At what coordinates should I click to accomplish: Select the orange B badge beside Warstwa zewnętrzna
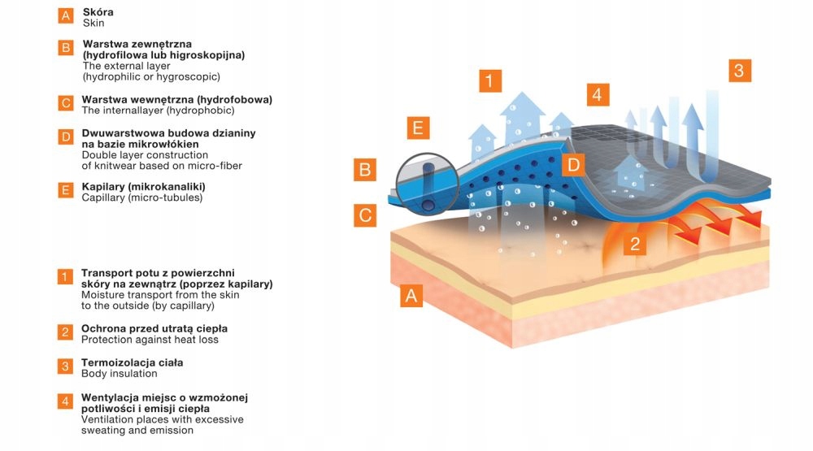coord(66,47)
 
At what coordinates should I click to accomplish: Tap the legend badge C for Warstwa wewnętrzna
coord(66,103)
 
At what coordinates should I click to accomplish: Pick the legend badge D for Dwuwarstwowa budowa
coord(66,137)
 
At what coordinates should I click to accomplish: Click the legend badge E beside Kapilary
coord(66,191)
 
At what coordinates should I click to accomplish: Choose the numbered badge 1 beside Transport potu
coord(65,277)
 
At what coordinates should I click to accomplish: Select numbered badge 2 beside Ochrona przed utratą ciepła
coord(65,332)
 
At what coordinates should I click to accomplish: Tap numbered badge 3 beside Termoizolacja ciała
coord(65,366)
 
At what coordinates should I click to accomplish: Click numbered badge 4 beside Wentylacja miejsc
coord(65,400)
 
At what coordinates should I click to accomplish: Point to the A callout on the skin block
coord(412,296)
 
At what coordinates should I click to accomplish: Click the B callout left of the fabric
coord(365,171)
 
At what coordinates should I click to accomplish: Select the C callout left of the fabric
coord(365,215)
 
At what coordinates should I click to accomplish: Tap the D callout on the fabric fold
coord(573,165)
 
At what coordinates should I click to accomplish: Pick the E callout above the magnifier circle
coord(417,128)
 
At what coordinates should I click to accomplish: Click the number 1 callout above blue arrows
coord(489,80)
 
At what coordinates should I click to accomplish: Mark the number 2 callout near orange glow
coord(636,243)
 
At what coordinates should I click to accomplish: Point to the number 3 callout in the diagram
coord(738,70)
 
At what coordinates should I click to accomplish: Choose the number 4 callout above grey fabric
coord(597,94)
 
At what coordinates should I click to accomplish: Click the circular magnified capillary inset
coord(427,183)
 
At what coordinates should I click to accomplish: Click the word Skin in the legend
coord(93,24)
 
